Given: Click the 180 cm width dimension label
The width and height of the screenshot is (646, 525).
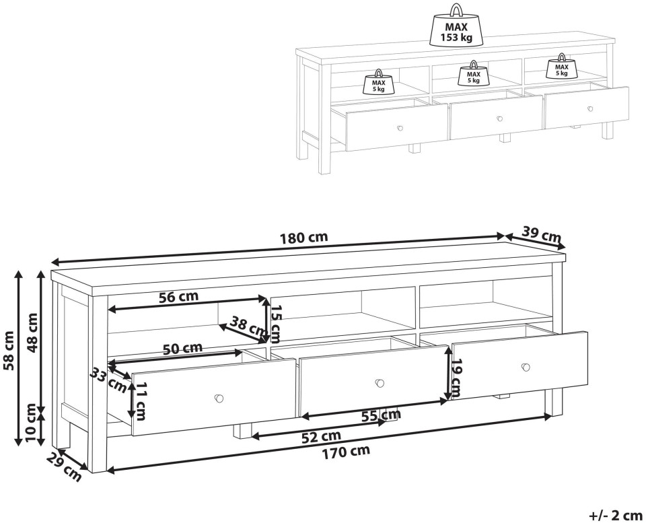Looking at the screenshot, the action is point(304,238).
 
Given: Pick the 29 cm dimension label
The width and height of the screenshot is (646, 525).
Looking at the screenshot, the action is point(65,467).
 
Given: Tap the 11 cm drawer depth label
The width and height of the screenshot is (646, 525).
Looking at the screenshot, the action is point(140,401).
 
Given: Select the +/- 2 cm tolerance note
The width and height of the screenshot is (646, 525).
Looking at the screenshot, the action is point(616,516).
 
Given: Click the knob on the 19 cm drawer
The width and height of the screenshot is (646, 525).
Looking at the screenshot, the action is point(526,367).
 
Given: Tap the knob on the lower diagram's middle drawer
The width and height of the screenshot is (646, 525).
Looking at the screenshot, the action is point(380,383).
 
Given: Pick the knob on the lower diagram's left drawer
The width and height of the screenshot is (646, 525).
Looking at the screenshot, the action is point(219,398).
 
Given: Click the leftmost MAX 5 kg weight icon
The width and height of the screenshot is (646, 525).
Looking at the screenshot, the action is point(379,81).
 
